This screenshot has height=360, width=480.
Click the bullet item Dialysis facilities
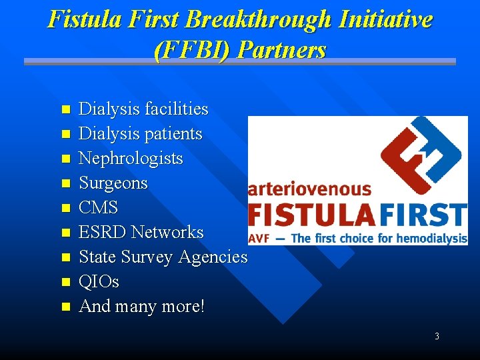tap(143, 109)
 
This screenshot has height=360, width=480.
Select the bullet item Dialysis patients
tap(140, 133)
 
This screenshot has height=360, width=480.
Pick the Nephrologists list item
tap(131, 158)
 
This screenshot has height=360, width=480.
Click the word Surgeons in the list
tap(113, 183)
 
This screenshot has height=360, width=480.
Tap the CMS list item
tap(98, 207)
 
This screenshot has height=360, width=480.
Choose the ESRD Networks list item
tap(141, 232)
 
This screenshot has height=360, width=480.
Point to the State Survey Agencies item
tap(163, 257)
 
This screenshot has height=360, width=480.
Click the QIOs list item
tap(99, 281)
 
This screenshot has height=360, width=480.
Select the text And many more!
tap(142, 306)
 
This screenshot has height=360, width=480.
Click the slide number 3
tap(437, 336)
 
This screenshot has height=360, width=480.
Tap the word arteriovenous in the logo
tap(309, 189)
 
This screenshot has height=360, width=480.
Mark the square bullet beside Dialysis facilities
tap(65, 109)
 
